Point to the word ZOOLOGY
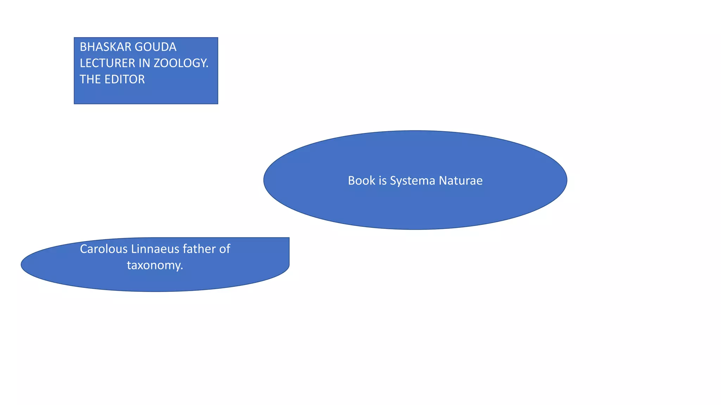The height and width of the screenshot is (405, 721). (180, 63)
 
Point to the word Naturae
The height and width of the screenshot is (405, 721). (461, 180)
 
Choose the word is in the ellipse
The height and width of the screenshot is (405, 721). (383, 180)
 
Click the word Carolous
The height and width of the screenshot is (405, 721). (104, 249)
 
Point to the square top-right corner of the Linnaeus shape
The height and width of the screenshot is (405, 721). (289, 238)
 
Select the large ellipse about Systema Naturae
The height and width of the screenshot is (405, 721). (415, 207)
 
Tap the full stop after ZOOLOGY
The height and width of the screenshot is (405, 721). (207, 67)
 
